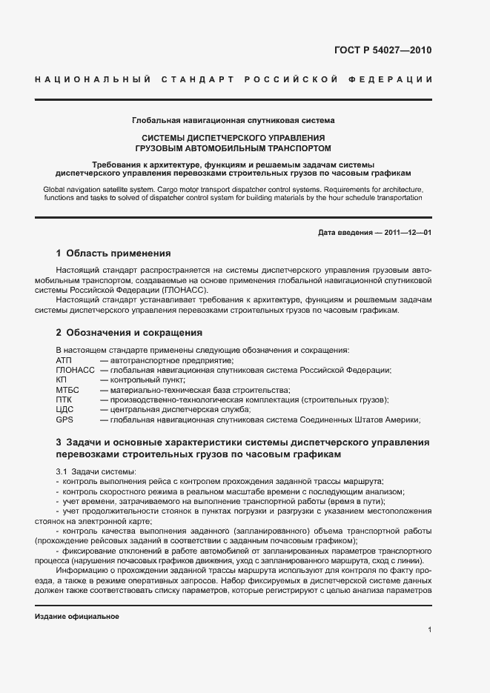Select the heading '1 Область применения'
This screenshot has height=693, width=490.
[113, 253]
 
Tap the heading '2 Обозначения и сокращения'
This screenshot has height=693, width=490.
[129, 333]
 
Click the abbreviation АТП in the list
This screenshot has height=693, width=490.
[64, 359]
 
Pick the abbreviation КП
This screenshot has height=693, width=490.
[62, 379]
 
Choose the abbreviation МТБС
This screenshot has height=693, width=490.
[67, 390]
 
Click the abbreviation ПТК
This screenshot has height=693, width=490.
[64, 399]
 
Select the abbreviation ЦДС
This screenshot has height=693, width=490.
[64, 409]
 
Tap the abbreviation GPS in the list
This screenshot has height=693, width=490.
[64, 420]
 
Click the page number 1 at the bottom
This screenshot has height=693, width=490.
[430, 630]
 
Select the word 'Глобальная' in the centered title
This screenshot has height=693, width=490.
[153, 119]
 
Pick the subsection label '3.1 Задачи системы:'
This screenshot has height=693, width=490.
[94, 471]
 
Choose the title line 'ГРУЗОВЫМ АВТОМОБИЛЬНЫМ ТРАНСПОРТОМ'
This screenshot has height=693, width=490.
[233, 147]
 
